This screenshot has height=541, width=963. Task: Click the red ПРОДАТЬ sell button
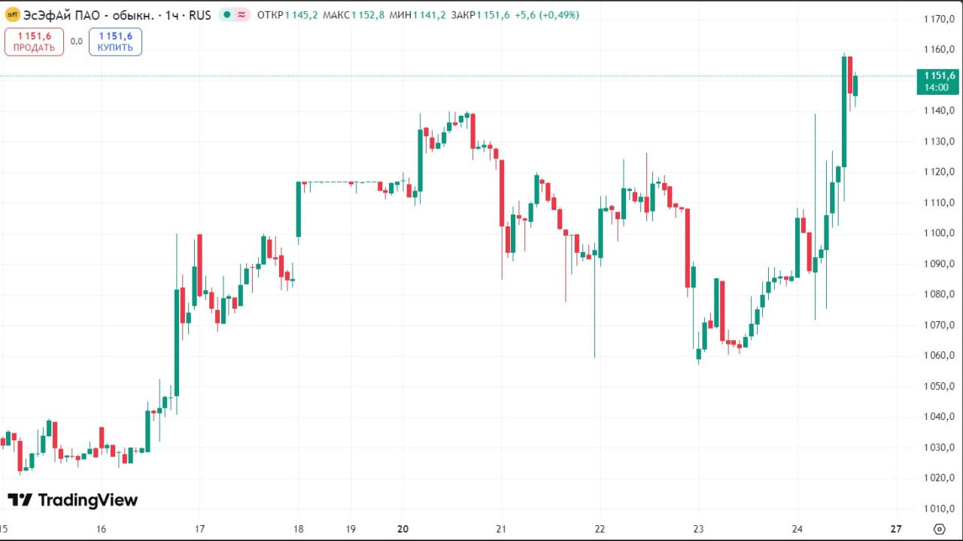click(34, 42)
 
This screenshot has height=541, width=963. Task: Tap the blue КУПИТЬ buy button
click(115, 42)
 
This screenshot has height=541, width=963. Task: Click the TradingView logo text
click(73, 500)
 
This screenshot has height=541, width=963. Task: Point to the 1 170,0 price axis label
click(938, 19)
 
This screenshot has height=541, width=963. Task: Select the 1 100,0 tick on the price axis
click(938, 233)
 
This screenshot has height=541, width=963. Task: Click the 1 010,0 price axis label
click(938, 509)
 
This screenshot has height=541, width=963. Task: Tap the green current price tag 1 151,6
click(937, 81)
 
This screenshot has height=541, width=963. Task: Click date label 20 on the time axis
click(403, 529)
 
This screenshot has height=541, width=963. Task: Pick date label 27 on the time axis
click(896, 529)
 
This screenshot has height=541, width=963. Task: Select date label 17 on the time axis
click(200, 529)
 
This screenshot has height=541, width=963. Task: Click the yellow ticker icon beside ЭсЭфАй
click(13, 15)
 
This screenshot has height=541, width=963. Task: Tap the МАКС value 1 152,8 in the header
click(368, 15)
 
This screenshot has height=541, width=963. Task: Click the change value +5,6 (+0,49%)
click(547, 15)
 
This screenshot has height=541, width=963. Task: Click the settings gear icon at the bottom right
click(938, 529)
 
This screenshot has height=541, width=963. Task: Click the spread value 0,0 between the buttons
click(77, 42)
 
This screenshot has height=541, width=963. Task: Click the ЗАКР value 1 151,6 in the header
click(493, 15)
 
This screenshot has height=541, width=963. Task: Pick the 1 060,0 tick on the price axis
click(938, 356)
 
